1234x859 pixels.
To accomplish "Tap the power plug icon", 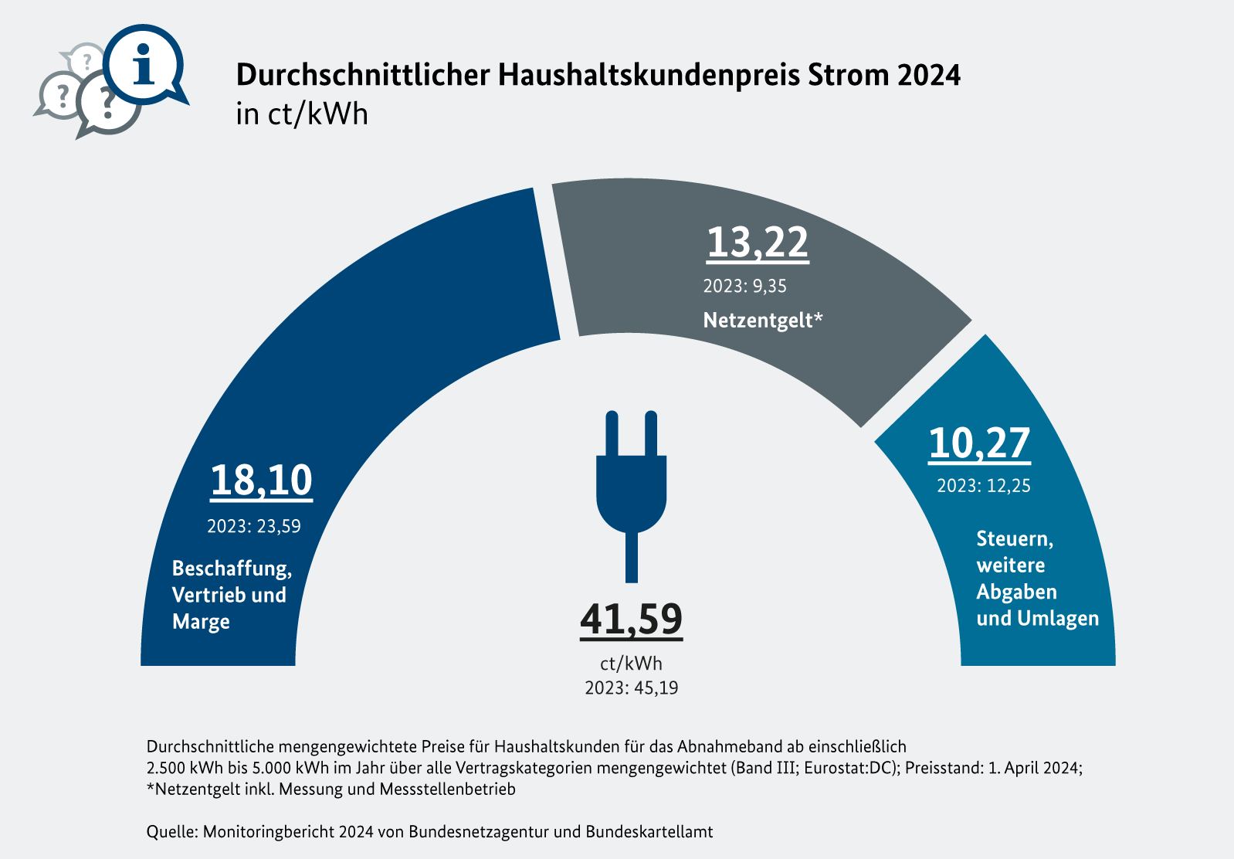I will tap(631, 494).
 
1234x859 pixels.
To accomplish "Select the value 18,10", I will tap(261, 480).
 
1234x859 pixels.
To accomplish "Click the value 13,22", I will tap(757, 243).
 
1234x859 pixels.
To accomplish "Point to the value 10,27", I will tap(979, 443).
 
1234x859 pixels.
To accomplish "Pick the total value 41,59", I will tap(631, 619).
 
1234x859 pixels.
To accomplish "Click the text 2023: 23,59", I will tap(253, 527).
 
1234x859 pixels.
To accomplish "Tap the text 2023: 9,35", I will tap(744, 287).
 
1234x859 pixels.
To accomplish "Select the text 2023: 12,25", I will tap(983, 487).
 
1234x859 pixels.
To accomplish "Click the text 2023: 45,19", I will tap(631, 688).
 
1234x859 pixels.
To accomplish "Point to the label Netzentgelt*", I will tap(763, 320).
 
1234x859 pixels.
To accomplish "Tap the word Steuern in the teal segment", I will tap(1014, 538).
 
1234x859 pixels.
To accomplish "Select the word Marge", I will tap(201, 622).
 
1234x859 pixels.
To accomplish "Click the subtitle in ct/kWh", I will tap(302, 114).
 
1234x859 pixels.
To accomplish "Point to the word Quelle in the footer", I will tap(171, 832).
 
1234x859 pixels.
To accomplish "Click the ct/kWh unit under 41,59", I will tap(631, 664).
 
